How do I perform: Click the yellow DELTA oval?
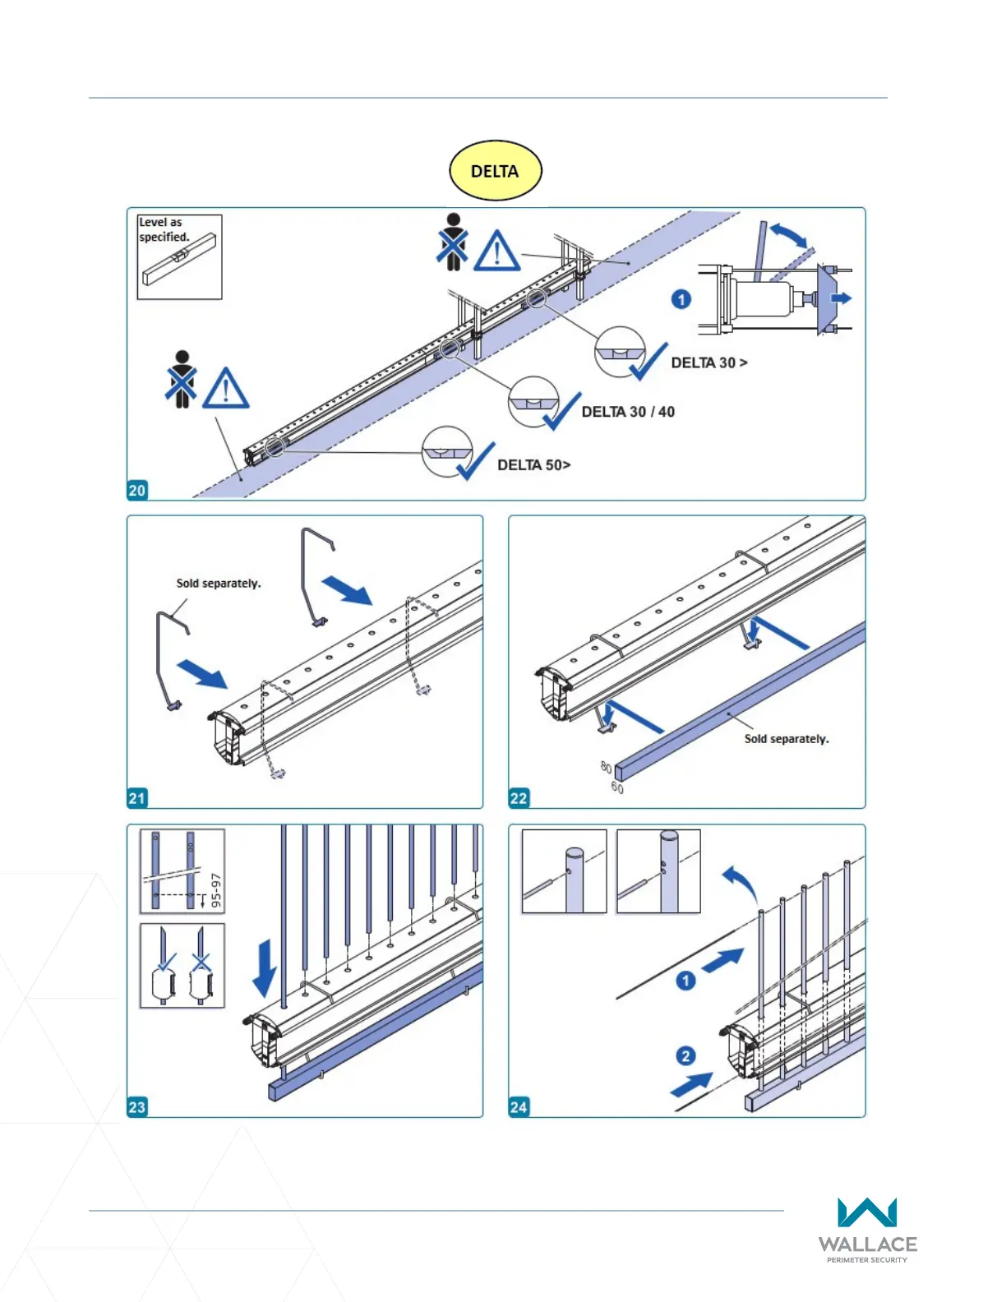tap(495, 171)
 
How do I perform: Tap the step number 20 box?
tap(136, 490)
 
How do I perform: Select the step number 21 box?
tap(136, 797)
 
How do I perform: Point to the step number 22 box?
tap(519, 797)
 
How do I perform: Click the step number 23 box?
tap(136, 1106)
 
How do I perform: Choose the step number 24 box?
tap(519, 1106)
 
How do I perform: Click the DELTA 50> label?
tap(533, 465)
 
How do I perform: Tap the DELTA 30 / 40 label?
tap(628, 412)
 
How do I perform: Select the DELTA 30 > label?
tap(709, 362)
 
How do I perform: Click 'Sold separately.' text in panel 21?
tap(219, 583)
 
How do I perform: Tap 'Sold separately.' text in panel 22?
tap(787, 739)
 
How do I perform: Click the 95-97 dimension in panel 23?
tap(216, 890)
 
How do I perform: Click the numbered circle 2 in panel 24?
tap(685, 1056)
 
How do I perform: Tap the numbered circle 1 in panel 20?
tap(681, 299)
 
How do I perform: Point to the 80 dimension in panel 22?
tap(606, 768)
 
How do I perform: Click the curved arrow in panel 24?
tap(741, 884)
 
